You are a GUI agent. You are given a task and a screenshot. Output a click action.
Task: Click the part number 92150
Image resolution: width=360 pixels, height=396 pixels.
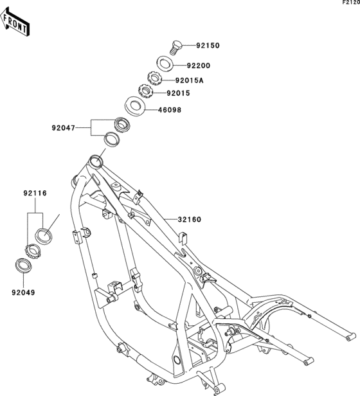tap(208, 46)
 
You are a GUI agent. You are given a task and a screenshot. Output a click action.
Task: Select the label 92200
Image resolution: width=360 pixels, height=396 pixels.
tap(199, 66)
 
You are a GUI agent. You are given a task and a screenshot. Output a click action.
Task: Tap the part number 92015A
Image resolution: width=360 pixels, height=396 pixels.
tap(189, 80)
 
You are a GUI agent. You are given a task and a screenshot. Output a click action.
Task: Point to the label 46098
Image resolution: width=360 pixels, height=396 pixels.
tap(170, 110)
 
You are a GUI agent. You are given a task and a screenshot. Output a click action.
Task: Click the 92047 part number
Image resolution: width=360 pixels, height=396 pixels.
tap(64, 128)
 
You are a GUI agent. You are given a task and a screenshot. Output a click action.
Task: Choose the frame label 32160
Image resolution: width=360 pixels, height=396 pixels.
tap(190, 220)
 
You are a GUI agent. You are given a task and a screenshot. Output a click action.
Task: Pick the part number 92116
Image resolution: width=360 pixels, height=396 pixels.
tap(35, 194)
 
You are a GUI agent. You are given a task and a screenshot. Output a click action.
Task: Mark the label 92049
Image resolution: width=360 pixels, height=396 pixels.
tap(23, 292)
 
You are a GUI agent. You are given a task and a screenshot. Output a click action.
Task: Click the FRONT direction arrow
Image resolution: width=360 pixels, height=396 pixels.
tap(15, 21)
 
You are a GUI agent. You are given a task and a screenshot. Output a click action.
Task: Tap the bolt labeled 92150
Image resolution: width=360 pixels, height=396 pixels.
tap(175, 48)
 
